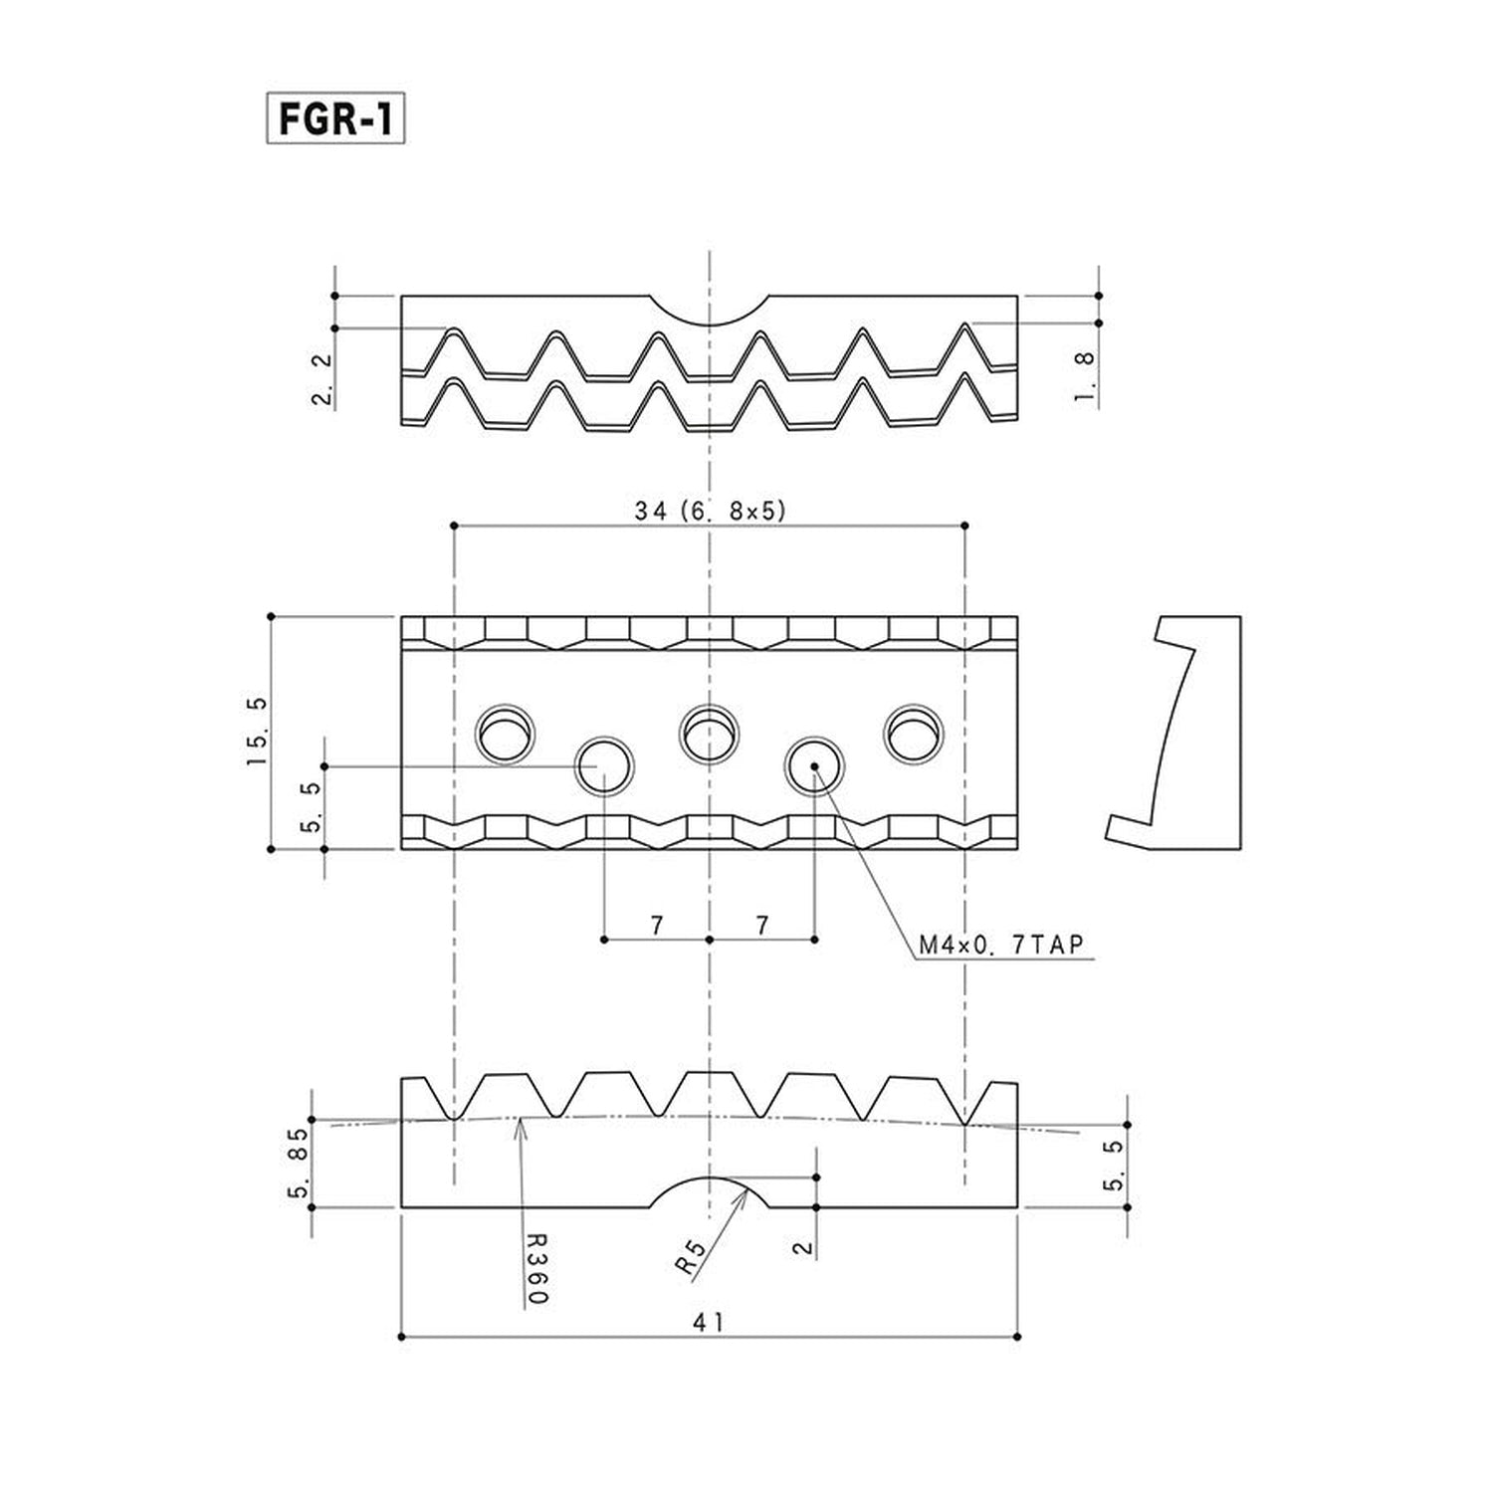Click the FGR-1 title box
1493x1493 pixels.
335,119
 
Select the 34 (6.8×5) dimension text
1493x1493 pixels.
710,511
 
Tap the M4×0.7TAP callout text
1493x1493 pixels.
999,945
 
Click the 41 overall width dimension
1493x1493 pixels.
710,1322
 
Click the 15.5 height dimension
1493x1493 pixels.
257,732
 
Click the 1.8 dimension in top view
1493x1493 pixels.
1087,377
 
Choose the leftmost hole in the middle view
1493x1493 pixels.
506,735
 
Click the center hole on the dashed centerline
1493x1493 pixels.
709,734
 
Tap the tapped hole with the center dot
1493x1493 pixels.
814,766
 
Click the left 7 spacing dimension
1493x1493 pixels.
657,926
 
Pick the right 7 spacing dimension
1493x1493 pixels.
762,926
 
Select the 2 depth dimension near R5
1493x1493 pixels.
805,1247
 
